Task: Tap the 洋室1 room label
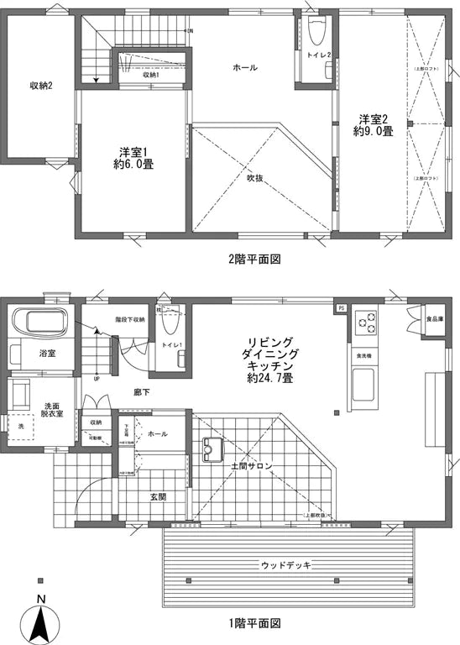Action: (x=134, y=158)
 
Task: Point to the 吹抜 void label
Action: (x=256, y=177)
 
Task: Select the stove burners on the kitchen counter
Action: (x=366, y=321)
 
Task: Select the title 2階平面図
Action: (x=254, y=260)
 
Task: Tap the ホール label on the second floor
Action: (x=244, y=67)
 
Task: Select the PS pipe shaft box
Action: (x=341, y=308)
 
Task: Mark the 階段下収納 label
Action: (x=130, y=319)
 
